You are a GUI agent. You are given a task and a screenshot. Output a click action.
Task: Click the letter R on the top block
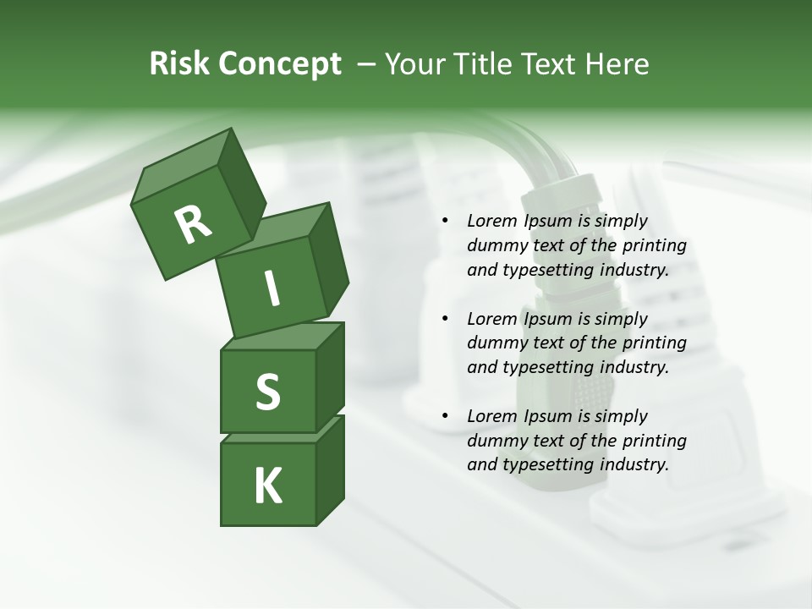pos(192,225)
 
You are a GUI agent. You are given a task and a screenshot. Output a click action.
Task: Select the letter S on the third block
pos(267,392)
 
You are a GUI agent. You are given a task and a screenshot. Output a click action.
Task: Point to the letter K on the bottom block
pos(268,486)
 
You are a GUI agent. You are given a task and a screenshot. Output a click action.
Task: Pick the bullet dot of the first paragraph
pos(445,222)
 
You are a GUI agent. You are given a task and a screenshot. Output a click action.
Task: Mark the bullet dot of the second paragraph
pos(445,320)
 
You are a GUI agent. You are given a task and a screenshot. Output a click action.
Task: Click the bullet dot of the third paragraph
pos(445,417)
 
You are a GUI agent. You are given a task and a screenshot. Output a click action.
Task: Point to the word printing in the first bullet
pos(654,246)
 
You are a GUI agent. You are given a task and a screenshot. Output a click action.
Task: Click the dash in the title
pos(367,64)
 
